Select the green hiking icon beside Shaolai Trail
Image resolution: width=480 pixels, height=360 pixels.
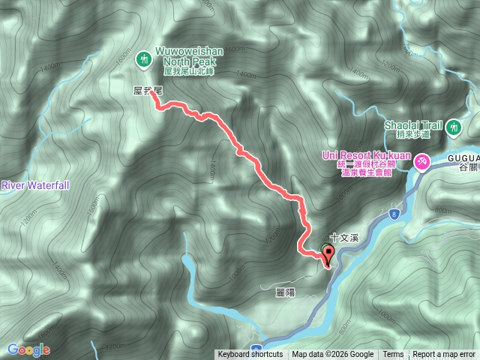pos(453,128)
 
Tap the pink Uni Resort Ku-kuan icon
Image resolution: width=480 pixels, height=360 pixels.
pos(422,160)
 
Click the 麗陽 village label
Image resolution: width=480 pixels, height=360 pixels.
pos(285,292)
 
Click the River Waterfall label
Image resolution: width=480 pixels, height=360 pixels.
pos(34,184)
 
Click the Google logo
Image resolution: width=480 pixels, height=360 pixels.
pos(28,349)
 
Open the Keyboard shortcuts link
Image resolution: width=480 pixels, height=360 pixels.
pos(250,355)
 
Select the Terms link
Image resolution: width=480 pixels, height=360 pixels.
pos(393,355)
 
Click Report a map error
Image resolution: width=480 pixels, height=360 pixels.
pos(444,355)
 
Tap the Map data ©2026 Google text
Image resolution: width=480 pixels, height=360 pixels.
pos(333,355)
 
